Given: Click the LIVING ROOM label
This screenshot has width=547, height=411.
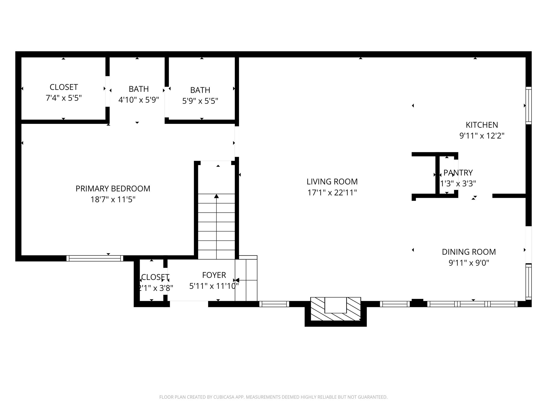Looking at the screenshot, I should point(332,182).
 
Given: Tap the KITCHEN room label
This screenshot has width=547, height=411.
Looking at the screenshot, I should point(482,125).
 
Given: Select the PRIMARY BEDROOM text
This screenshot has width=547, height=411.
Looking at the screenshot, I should point(113,189).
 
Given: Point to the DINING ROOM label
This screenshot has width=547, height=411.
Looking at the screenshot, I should point(469,252).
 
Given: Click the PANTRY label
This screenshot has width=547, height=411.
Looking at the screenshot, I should point(458,173).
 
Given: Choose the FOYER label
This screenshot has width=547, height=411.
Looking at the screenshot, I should point(214,275).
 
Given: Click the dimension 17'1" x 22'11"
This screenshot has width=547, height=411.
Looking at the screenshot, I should point(332,193).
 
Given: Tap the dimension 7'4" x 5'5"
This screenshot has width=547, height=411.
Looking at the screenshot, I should point(64,98).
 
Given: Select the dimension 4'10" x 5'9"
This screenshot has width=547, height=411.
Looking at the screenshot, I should point(139,100).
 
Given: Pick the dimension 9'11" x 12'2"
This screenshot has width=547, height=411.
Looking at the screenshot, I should point(482,136).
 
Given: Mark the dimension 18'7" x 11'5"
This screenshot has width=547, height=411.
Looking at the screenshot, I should point(113,200).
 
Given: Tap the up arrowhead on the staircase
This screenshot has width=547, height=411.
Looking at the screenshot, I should point(216,196).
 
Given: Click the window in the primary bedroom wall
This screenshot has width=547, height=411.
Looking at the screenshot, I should point(95,258).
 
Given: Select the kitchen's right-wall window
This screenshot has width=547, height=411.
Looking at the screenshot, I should point(528,105).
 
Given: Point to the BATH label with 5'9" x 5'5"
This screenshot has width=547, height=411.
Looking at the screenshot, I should point(200,90).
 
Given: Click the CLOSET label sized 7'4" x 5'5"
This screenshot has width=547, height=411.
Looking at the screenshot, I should point(64,87).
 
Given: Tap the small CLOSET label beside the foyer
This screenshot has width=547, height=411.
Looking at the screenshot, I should point(155,277).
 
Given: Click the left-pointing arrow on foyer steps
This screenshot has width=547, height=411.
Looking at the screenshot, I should point(237,280).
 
